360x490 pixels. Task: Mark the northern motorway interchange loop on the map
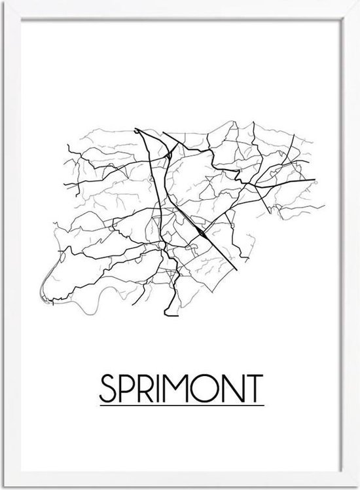coord(169,155)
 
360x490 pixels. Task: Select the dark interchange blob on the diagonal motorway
coord(204,231)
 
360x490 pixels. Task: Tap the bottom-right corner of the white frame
coord(357,487)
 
